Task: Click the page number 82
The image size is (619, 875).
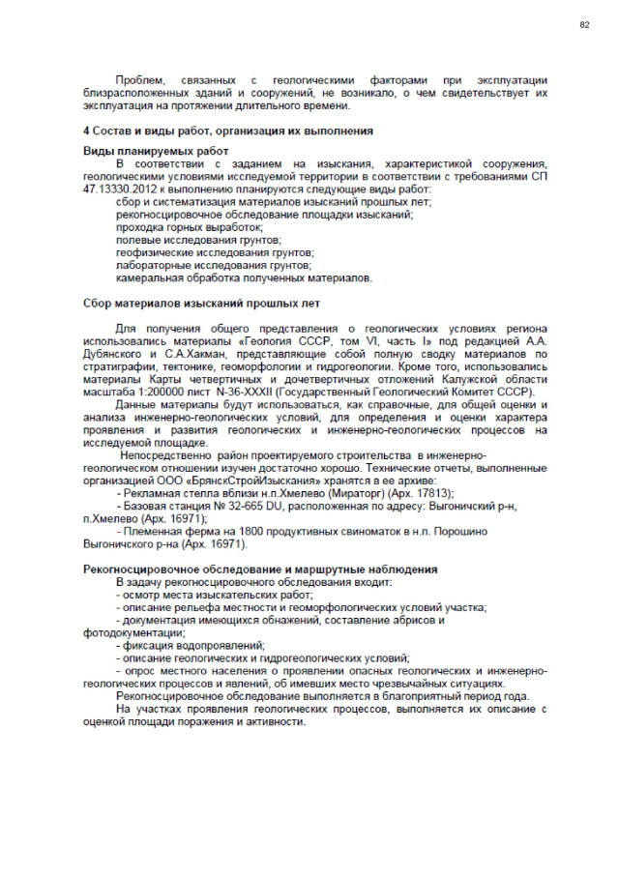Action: click(584, 24)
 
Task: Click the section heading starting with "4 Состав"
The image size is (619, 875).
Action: click(227, 131)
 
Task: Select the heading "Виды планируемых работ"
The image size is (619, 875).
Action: click(156, 152)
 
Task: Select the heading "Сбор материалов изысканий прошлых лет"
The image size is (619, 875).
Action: click(200, 304)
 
